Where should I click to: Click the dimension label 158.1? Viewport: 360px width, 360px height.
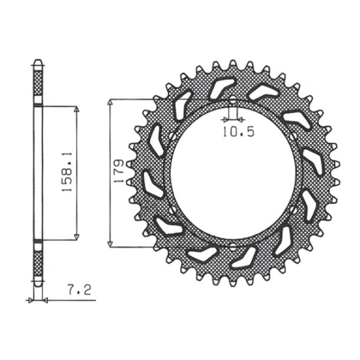67,171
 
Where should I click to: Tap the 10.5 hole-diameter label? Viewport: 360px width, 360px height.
239,132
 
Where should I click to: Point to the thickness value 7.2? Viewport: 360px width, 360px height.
79,290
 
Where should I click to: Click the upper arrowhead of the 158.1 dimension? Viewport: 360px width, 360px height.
77,109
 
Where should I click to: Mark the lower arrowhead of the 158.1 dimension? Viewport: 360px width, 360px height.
77,237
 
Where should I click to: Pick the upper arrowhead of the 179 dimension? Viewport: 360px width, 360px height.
111,102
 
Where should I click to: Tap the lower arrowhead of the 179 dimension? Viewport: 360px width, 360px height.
111,244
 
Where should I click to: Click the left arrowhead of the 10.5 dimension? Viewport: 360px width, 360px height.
226,119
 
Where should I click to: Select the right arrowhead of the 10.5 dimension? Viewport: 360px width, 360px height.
240,119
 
